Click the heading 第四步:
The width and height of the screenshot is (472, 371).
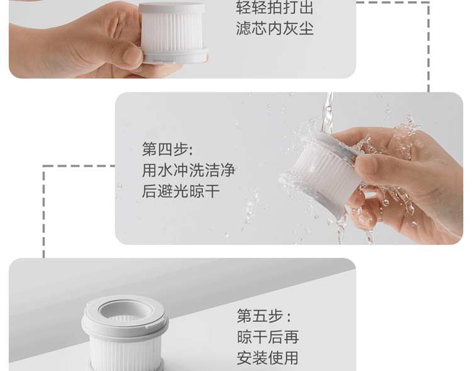tap(167, 149)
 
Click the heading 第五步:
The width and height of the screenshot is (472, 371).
tap(264, 316)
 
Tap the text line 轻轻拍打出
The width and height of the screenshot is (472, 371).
tap(274, 8)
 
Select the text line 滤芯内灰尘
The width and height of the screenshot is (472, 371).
tap(274, 28)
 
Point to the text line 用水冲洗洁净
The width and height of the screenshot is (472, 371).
tap(188, 170)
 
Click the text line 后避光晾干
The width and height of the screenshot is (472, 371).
tap(181, 191)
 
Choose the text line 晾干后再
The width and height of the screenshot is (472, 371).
tap(267, 336)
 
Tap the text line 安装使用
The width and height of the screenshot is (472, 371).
tap(267, 358)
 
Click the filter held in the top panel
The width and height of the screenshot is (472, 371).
tap(174, 33)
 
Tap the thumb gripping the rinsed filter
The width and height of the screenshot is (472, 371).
tap(366, 164)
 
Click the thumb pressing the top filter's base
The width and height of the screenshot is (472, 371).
tap(132, 55)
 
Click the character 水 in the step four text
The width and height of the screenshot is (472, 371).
tap(166, 170)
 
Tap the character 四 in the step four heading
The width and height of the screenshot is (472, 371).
tap(166, 149)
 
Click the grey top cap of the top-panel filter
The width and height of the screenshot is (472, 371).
tap(172, 8)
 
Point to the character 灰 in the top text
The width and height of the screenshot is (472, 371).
tap(290, 28)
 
